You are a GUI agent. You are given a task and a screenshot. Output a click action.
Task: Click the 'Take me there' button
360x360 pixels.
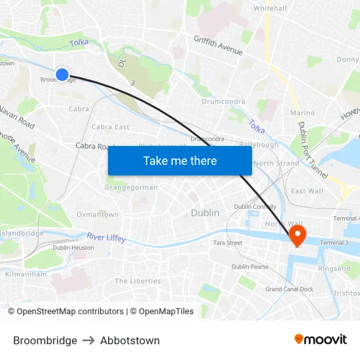[x=180, y=160]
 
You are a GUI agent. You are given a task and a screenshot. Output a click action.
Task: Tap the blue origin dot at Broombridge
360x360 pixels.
[x=62, y=75]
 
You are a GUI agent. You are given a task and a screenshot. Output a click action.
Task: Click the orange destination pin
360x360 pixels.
[x=298, y=235]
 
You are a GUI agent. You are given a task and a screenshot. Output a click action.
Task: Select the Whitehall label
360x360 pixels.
[x=270, y=9]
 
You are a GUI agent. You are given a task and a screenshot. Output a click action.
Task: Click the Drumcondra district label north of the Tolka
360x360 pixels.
[x=223, y=101]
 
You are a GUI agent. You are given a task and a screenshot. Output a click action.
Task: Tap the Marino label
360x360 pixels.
[x=302, y=113]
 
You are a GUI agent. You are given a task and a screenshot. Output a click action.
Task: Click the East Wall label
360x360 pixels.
[x=307, y=191]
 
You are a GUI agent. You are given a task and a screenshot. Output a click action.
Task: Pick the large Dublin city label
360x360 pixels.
[x=205, y=213]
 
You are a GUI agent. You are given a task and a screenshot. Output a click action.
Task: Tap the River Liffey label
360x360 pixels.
[x=106, y=238]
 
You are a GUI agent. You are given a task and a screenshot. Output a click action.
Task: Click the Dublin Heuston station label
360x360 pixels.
[x=73, y=247]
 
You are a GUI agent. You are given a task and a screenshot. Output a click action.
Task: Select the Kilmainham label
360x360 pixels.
[x=26, y=274]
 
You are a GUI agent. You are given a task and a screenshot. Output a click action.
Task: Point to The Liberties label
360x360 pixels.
[x=137, y=281]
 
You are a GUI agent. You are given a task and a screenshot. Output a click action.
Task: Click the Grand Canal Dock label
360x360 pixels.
[x=289, y=289]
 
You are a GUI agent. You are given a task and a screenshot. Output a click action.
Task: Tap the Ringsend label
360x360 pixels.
[x=334, y=269]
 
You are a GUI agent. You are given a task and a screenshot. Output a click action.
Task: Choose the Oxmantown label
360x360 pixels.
[x=98, y=215]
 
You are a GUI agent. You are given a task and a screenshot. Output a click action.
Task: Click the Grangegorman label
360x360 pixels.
[x=131, y=187]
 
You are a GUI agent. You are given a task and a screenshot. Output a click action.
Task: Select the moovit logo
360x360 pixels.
[x=320, y=339]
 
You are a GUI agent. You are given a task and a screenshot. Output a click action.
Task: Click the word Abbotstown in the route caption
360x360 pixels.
[x=130, y=340]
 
